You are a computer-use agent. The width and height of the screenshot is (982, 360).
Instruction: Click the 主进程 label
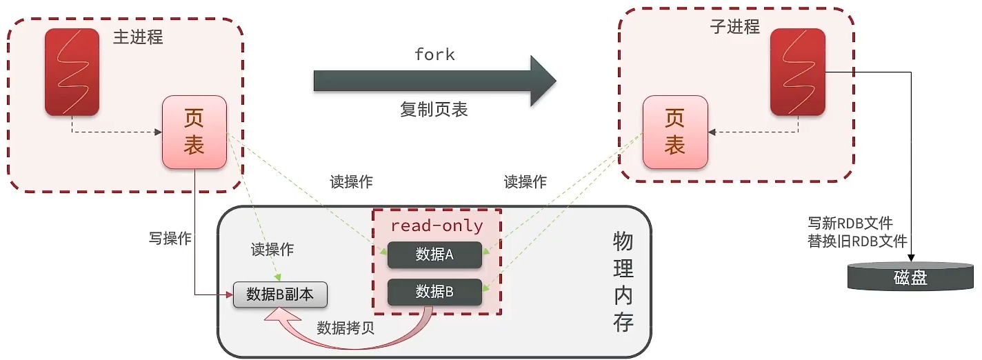pyautogui.click(x=138, y=37)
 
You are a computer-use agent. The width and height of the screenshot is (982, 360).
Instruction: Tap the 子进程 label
pyautogui.click(x=734, y=27)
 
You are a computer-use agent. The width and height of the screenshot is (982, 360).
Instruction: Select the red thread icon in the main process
pyautogui.click(x=72, y=72)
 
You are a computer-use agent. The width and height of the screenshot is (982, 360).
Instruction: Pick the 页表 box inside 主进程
pyautogui.click(x=194, y=132)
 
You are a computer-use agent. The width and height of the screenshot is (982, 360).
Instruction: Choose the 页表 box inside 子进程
pyautogui.click(x=674, y=132)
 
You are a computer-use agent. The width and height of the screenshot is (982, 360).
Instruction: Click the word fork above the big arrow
pyautogui.click(x=434, y=55)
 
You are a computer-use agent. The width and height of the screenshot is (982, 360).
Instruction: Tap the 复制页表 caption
pyautogui.click(x=434, y=109)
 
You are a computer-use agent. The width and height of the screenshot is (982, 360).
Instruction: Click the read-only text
pyautogui.click(x=437, y=226)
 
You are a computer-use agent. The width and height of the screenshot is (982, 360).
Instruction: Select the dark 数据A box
pyautogui.click(x=434, y=255)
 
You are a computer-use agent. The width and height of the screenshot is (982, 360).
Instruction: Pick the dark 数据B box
pyautogui.click(x=434, y=292)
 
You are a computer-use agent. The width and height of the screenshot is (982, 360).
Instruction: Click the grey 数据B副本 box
pyautogui.click(x=280, y=294)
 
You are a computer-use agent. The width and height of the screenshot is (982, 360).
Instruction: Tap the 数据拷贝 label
pyautogui.click(x=345, y=328)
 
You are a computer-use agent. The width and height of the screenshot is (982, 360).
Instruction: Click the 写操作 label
pyautogui.click(x=170, y=239)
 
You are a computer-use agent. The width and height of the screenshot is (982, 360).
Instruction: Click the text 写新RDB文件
pyautogui.click(x=850, y=223)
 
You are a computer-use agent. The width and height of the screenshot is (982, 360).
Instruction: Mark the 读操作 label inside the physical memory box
pyautogui.click(x=272, y=250)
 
